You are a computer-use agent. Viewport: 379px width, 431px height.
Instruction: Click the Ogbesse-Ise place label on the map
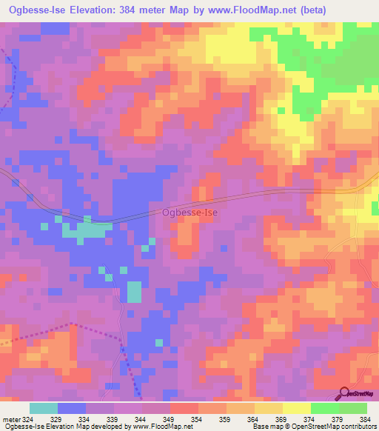click(x=189, y=213)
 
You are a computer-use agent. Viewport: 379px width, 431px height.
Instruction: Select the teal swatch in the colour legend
click(x=44, y=408)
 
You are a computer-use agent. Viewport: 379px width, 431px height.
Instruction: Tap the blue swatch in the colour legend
click(x=72, y=408)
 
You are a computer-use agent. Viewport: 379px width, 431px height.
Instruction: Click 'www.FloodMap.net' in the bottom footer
click(x=158, y=427)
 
